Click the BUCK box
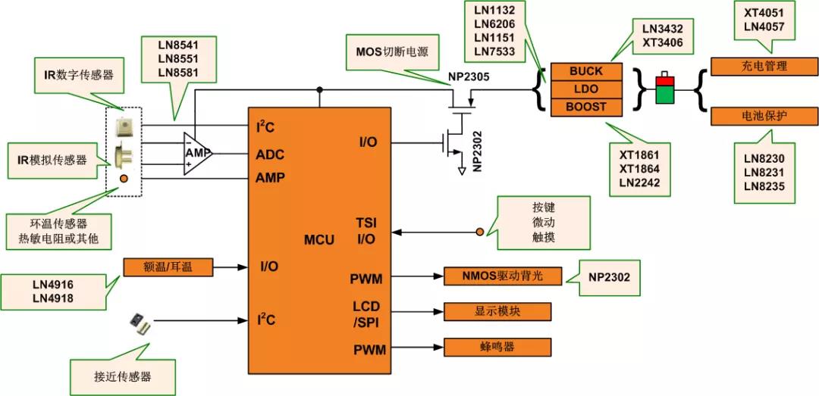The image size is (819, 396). coord(585,71)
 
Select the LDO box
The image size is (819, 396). coord(585,89)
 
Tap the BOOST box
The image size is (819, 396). coord(585,107)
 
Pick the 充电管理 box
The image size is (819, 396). coord(764,66)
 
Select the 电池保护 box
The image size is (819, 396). coord(764,117)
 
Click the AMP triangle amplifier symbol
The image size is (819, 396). coord(196,152)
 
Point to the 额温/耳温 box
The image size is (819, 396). coord(168,267)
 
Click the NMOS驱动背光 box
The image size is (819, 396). coord(504,276)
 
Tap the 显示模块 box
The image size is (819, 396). coord(497,311)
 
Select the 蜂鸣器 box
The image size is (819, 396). coord(497,347)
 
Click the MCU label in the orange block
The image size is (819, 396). coord(319,240)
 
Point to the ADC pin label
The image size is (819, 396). coord(271,154)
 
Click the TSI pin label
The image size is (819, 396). coord(366,223)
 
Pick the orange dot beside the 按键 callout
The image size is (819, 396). coord(479,231)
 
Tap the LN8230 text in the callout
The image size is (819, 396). coord(764,159)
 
